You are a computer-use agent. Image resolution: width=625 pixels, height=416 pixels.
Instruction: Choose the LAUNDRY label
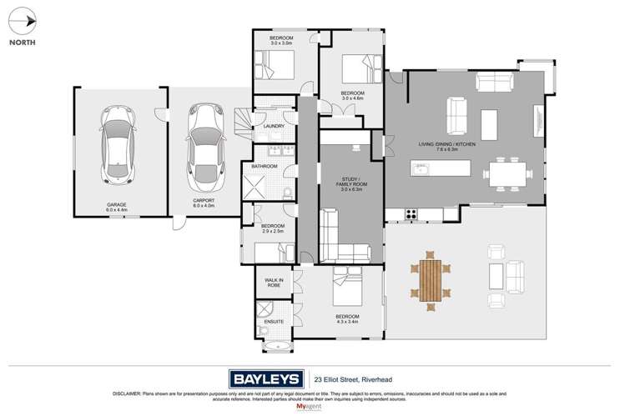click(275, 127)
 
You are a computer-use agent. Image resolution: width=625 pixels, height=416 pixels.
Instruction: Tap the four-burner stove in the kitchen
click(411, 214)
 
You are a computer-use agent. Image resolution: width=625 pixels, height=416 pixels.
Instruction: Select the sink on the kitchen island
click(422, 172)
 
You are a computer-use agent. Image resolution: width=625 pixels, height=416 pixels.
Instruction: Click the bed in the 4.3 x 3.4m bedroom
click(345, 288)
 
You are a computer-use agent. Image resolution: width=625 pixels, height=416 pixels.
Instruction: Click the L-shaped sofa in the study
click(342, 241)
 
